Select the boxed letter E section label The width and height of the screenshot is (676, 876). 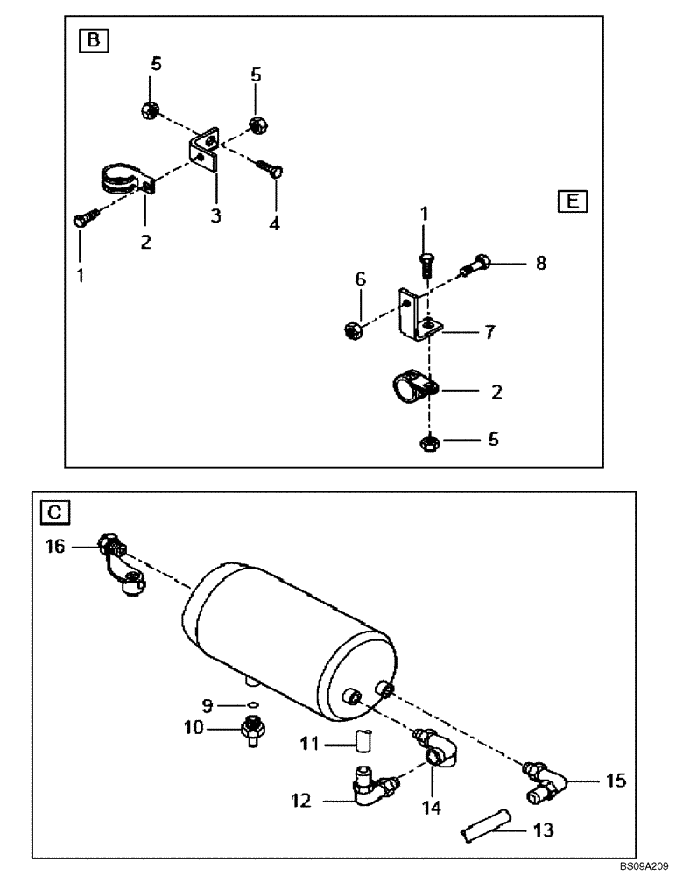pos(572,201)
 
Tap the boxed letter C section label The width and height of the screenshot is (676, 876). pos(51,510)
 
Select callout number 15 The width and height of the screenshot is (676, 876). pos(616,779)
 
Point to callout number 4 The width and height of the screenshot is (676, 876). pos(274,223)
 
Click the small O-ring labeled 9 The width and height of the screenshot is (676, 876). pos(252,703)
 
